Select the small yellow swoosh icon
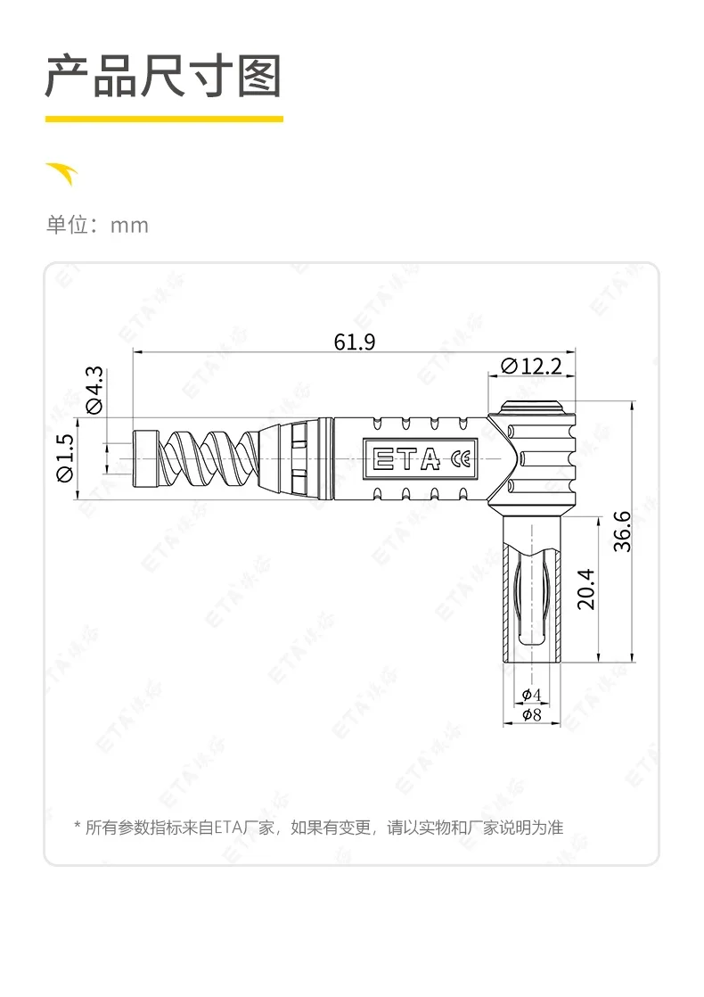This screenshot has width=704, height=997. pos(62,173)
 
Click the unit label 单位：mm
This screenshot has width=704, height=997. pos(97,225)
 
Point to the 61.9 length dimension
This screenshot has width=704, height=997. pos(355,342)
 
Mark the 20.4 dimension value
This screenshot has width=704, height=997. pos(585,589)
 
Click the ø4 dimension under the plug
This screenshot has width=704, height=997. pos(532,695)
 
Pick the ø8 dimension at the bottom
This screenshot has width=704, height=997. pos(532,714)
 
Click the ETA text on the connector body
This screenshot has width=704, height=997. pos(406,459)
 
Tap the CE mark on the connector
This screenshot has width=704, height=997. pos(462,459)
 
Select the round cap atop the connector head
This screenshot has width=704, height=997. pos(532,408)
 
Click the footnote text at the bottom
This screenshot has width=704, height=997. pos(318,827)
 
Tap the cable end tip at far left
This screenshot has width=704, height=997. pos(143,458)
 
